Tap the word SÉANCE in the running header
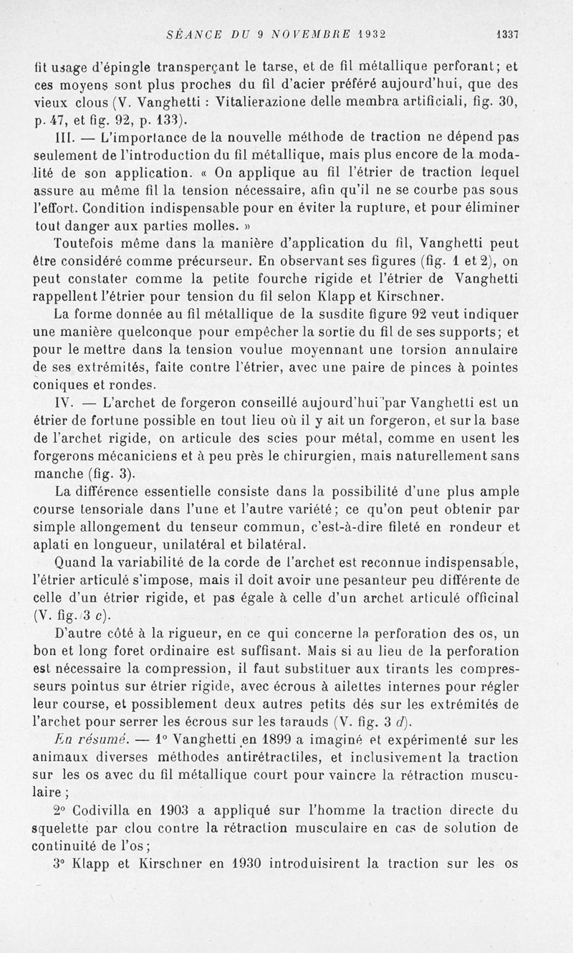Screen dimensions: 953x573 point(189,33)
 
